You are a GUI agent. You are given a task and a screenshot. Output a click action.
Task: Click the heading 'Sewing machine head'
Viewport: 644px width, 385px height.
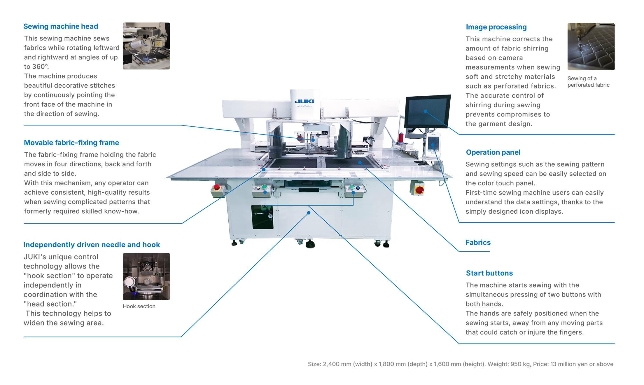pyautogui.click(x=61, y=26)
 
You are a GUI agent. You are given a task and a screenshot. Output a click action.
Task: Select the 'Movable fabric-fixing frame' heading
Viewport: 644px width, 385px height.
pyautogui.click(x=71, y=142)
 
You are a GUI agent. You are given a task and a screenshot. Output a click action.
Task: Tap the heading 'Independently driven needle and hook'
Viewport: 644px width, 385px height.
pyautogui.click(x=92, y=245)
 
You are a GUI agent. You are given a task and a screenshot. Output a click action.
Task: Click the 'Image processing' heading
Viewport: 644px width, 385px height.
pyautogui.click(x=496, y=27)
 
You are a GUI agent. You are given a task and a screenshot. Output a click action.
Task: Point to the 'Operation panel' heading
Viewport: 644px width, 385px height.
pyautogui.click(x=493, y=152)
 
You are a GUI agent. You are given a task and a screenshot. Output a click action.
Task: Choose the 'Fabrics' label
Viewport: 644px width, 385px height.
pyautogui.click(x=478, y=243)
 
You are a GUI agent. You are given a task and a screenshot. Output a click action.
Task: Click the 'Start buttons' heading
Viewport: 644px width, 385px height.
pyautogui.click(x=489, y=273)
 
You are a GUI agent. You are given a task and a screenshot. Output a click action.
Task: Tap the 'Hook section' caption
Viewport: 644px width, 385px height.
pyautogui.click(x=139, y=306)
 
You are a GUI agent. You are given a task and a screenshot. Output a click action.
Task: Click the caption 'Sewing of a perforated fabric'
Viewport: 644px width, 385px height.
pyautogui.click(x=588, y=82)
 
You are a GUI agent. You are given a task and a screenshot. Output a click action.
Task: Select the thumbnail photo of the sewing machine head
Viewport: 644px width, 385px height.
pyautogui.click(x=146, y=46)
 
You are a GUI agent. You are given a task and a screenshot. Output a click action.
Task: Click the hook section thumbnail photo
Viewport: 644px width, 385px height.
pyautogui.click(x=146, y=277)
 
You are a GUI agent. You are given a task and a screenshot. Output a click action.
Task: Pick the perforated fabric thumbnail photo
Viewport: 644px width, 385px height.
pyautogui.click(x=591, y=47)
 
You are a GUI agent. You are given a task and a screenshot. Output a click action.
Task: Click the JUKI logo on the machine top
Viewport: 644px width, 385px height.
pyautogui.click(x=304, y=101)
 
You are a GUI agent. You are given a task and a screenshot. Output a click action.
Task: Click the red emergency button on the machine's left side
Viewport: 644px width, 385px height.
pyautogui.click(x=217, y=187)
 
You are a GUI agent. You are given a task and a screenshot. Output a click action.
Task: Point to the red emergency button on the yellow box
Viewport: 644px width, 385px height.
pyautogui.click(x=419, y=190)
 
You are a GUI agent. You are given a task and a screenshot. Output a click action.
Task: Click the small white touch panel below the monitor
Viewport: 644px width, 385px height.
pyautogui.click(x=433, y=145)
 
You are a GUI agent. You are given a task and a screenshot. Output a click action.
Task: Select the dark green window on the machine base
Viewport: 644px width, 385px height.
pyautogui.click(x=262, y=217)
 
